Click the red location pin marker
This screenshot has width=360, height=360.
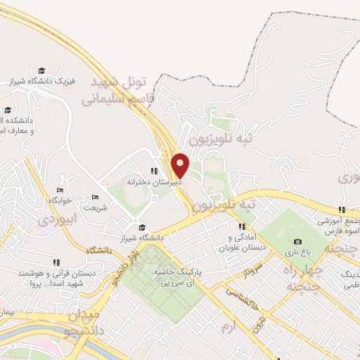tap(181, 166)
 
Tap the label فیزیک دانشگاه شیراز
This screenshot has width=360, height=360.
tap(41, 82)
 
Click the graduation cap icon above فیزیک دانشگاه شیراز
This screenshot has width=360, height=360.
tap(41, 70)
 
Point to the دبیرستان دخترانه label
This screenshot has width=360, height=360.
tap(153, 181)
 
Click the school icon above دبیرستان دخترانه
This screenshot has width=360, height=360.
tap(153, 171)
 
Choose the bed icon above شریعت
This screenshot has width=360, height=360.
tap(95, 197)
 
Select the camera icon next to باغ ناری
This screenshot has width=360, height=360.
tap(297, 241)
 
